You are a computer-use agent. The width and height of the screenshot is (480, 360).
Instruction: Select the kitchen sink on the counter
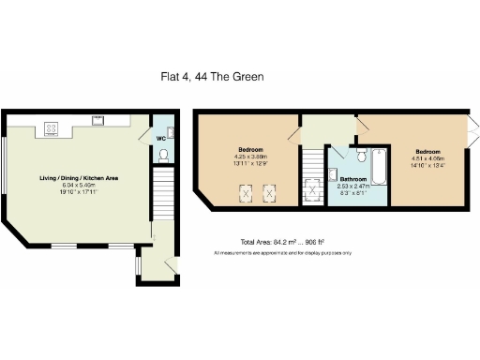point(97,119)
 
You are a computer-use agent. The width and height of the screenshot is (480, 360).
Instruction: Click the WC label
point(161,138)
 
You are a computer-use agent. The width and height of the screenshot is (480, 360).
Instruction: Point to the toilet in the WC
point(164,154)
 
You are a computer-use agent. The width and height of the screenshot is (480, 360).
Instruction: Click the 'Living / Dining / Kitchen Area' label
point(79,178)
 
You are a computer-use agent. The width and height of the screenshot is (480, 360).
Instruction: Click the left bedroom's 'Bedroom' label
point(249,150)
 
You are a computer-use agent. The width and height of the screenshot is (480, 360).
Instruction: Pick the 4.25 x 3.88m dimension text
point(249,157)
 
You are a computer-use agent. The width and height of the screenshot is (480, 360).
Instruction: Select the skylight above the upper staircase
point(310,191)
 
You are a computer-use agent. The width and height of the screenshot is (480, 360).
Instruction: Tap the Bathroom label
point(353,179)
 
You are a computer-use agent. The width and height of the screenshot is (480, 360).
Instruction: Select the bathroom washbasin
point(334,173)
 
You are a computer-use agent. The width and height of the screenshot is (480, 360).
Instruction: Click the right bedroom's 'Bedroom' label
point(428,151)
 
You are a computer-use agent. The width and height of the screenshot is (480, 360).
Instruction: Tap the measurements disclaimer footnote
point(282,253)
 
